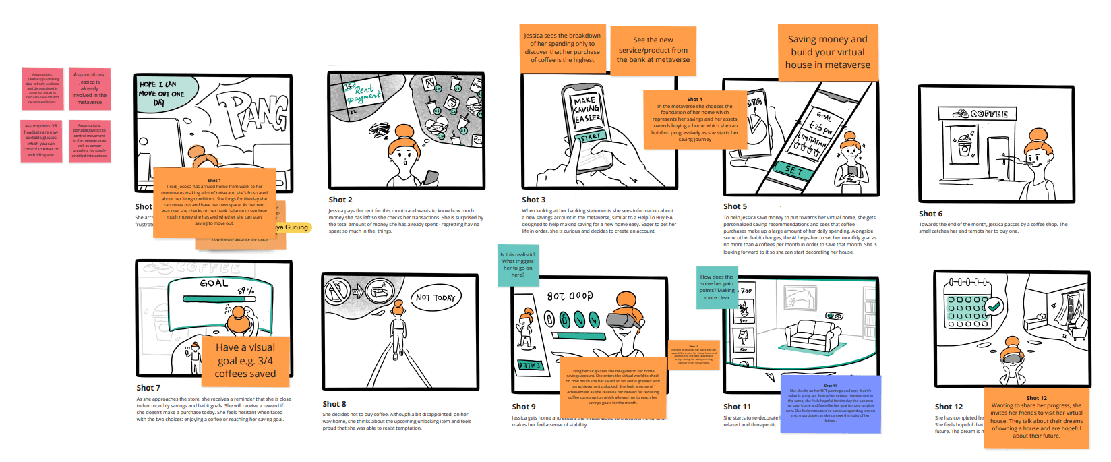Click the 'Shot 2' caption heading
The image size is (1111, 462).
(x=340, y=200)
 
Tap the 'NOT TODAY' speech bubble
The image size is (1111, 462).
(x=436, y=297)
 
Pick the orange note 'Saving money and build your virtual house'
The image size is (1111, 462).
(x=828, y=52)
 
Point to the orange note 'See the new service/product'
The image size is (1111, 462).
(x=653, y=50)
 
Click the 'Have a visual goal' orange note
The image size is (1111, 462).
(x=245, y=360)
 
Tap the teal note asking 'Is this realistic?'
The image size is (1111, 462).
(x=518, y=264)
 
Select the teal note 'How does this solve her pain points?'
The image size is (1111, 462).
(x=717, y=287)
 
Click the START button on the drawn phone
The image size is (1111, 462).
(x=589, y=137)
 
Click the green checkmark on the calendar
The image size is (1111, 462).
(x=994, y=306)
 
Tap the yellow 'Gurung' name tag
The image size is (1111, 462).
(x=293, y=227)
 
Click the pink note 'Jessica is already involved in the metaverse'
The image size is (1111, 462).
(x=90, y=88)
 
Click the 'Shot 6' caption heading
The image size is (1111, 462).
(x=930, y=214)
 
